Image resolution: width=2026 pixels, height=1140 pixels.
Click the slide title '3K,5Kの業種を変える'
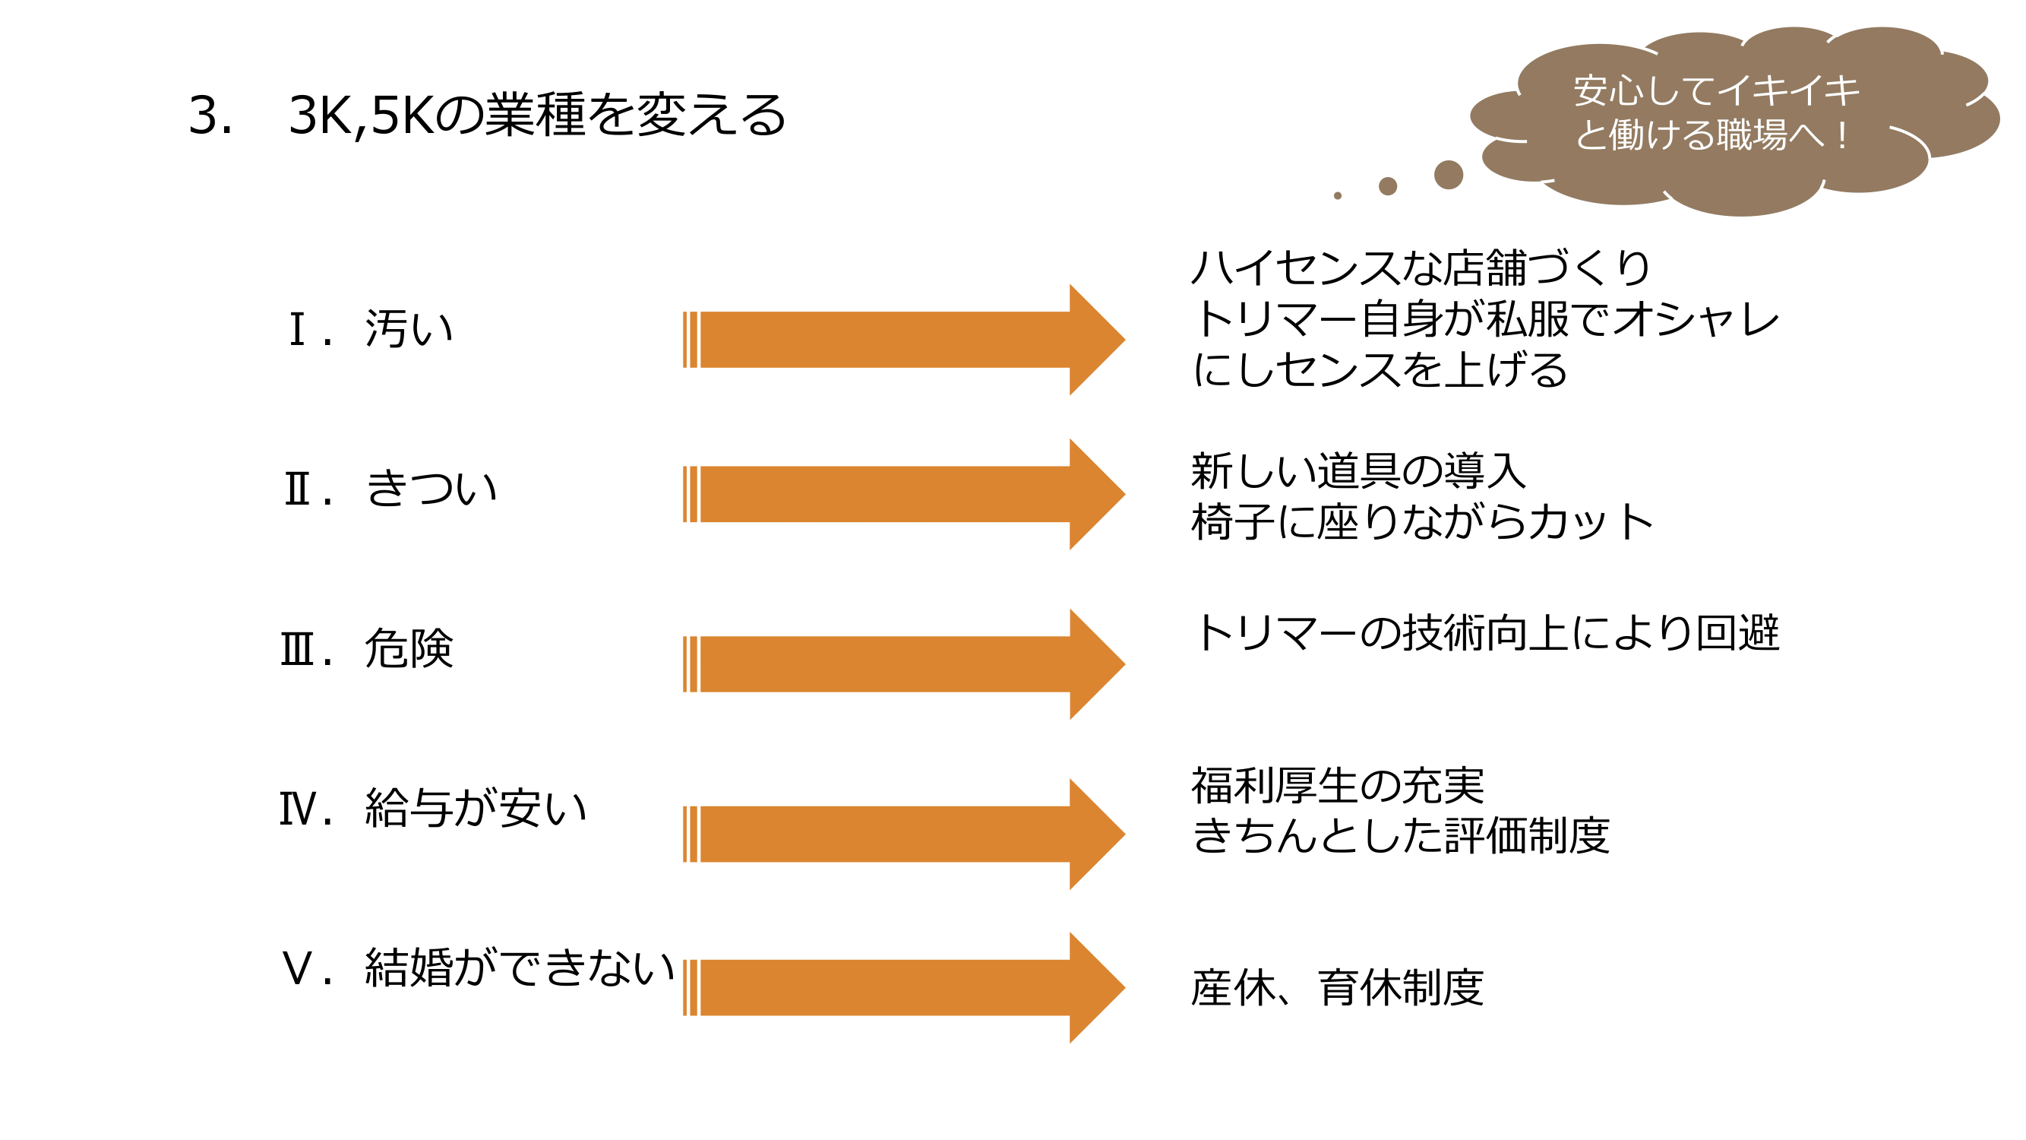click(537, 115)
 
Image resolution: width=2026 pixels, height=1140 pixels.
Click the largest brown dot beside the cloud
click(1448, 175)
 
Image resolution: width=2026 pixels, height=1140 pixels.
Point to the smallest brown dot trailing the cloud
click(1337, 196)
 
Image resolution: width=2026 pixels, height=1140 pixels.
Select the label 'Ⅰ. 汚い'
click(371, 328)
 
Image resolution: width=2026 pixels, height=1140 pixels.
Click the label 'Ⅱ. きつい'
click(391, 488)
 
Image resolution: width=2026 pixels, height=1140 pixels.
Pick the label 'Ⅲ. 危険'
click(367, 649)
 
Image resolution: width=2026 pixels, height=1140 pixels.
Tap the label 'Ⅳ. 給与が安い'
click(433, 809)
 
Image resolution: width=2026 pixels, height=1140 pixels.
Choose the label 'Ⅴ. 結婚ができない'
click(477, 967)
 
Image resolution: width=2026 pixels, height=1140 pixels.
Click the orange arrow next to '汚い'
click(904, 340)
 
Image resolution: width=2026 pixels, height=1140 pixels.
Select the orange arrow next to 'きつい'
click(904, 494)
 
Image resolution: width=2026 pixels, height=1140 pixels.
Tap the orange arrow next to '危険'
click(904, 664)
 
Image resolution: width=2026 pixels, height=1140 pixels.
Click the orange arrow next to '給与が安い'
click(904, 834)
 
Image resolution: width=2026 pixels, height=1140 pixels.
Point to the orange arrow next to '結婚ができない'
click(904, 988)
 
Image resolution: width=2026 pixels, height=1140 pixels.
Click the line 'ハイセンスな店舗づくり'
click(1421, 268)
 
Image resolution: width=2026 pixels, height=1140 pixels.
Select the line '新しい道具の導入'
click(1358, 471)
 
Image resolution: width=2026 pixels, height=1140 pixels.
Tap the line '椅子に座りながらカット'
click(1422, 521)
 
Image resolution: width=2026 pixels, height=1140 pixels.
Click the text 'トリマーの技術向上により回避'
click(1485, 632)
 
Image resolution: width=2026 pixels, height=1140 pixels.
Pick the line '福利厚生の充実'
click(1338, 785)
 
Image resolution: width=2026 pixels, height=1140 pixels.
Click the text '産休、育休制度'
click(1338, 988)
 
